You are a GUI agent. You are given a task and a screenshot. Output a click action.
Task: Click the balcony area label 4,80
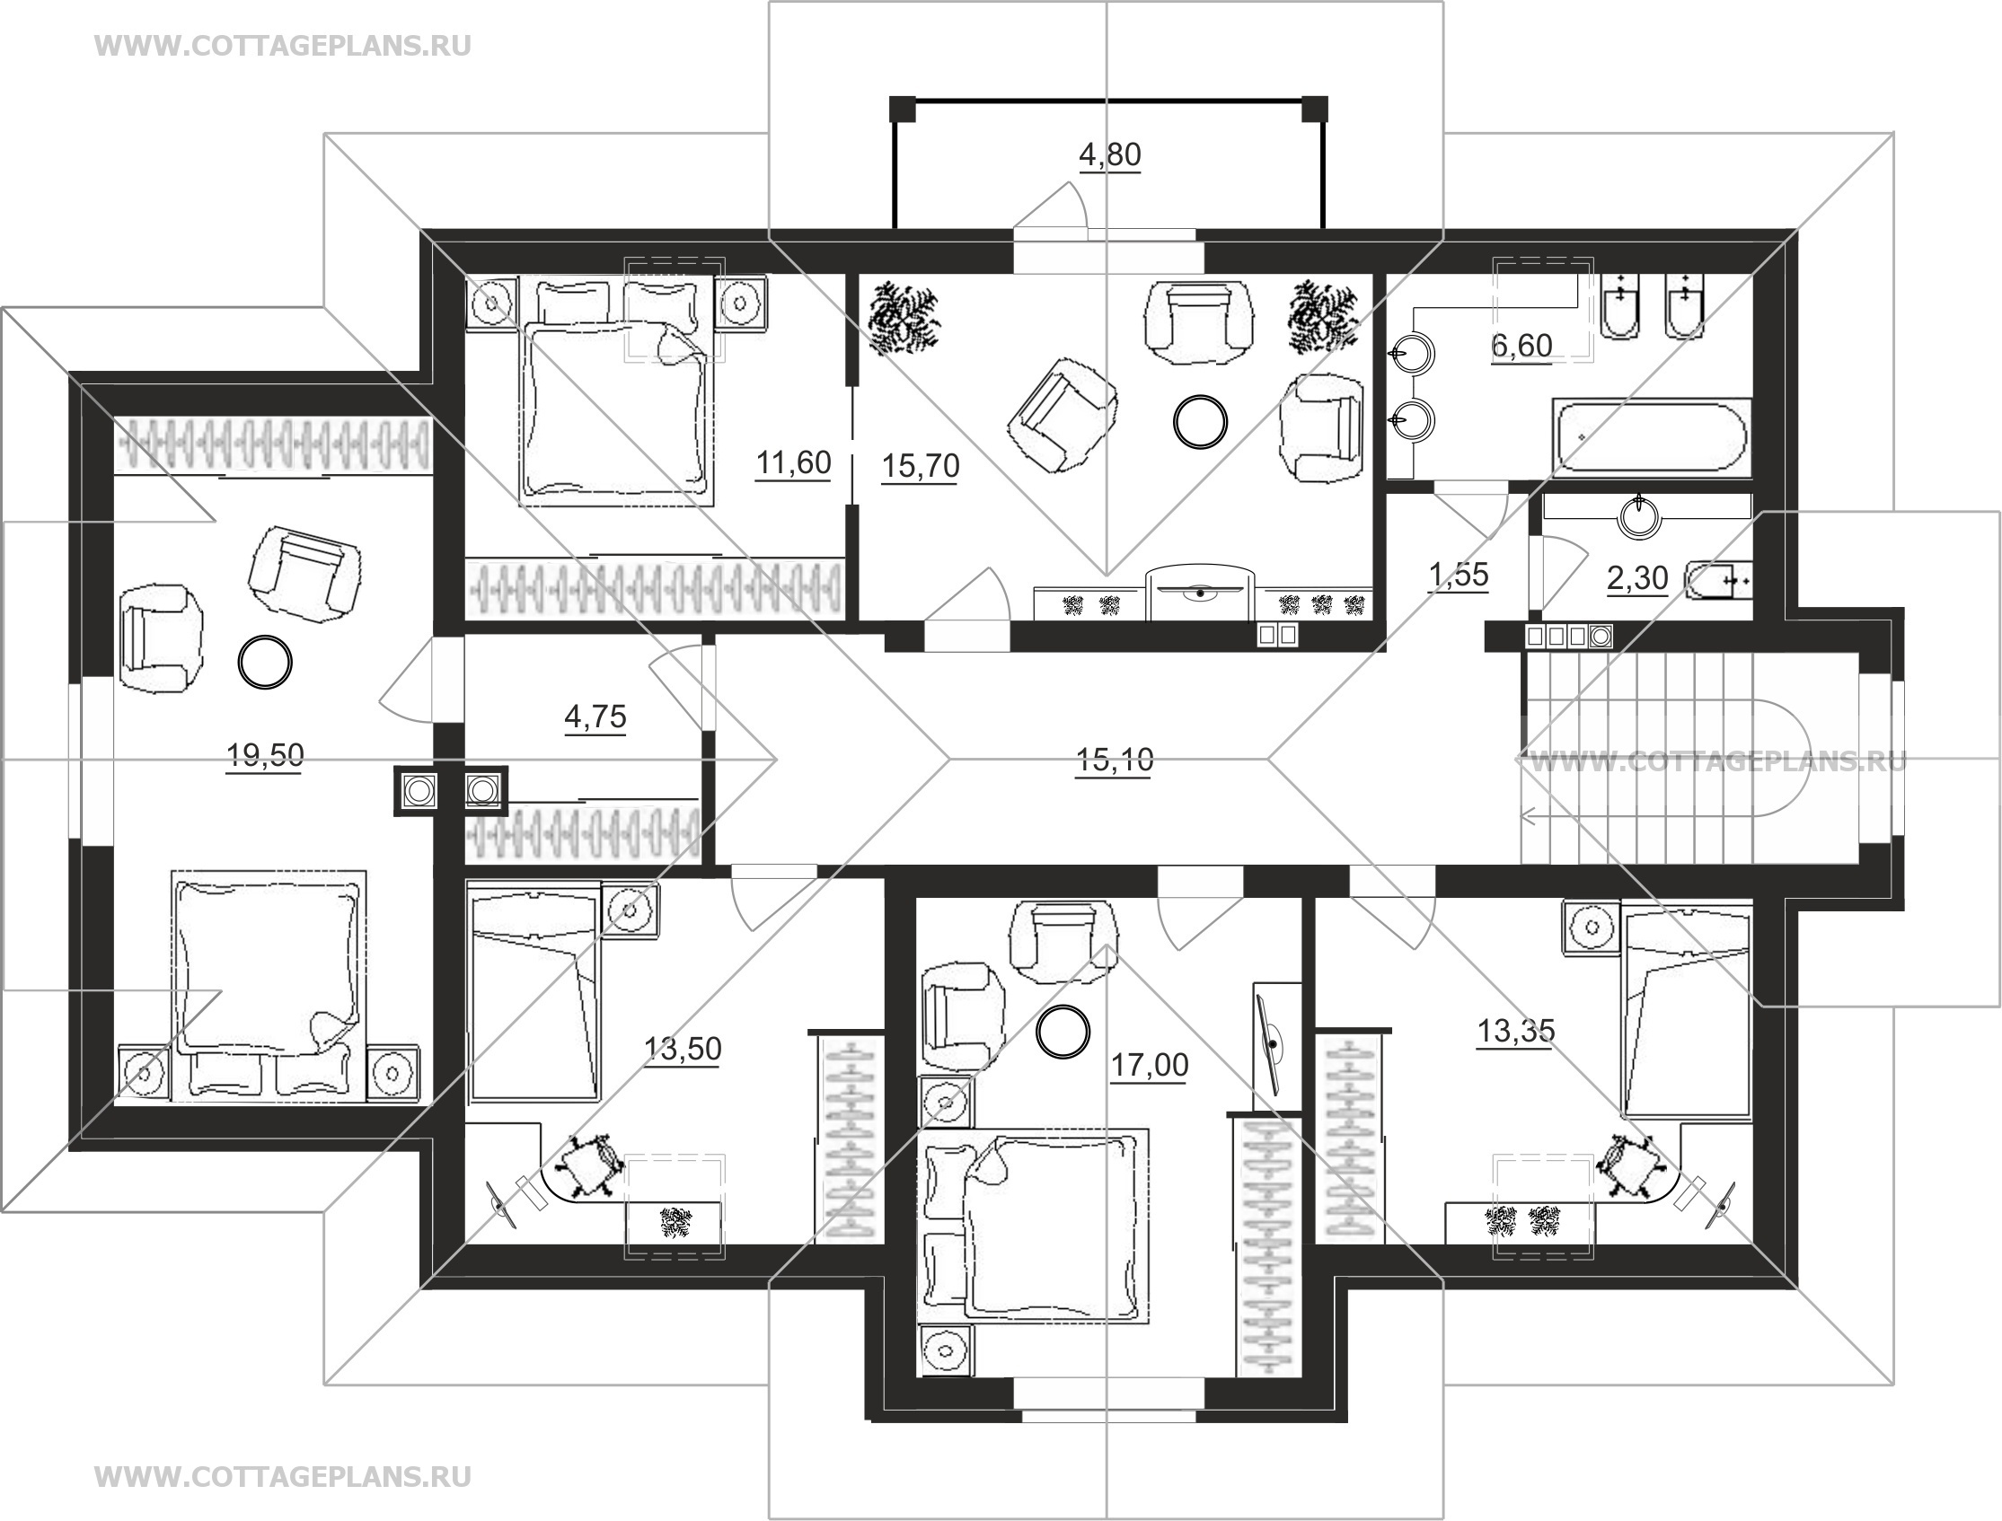tap(1109, 154)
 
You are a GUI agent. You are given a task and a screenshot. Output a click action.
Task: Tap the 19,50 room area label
tap(264, 754)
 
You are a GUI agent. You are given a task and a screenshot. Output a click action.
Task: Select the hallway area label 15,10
tap(1115, 760)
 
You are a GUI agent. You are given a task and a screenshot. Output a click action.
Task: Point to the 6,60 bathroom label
tap(1521, 345)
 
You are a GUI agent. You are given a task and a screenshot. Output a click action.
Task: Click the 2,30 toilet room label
tap(1637, 577)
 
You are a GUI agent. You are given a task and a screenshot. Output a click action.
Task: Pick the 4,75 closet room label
tap(595, 717)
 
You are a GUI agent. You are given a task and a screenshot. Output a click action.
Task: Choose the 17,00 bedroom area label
tap(1149, 1065)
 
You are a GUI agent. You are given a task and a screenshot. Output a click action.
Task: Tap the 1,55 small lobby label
tap(1459, 574)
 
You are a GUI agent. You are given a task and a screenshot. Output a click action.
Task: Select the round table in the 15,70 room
tap(1201, 420)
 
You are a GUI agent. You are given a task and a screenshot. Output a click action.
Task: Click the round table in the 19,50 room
tap(264, 662)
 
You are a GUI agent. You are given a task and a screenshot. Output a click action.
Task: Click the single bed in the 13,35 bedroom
tap(1687, 1012)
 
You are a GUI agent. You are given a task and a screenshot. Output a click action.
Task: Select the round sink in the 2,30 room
tap(1640, 517)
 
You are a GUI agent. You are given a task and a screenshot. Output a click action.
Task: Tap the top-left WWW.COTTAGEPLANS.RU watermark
tap(283, 46)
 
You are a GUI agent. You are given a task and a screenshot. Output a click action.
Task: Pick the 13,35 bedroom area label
tap(1516, 1030)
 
